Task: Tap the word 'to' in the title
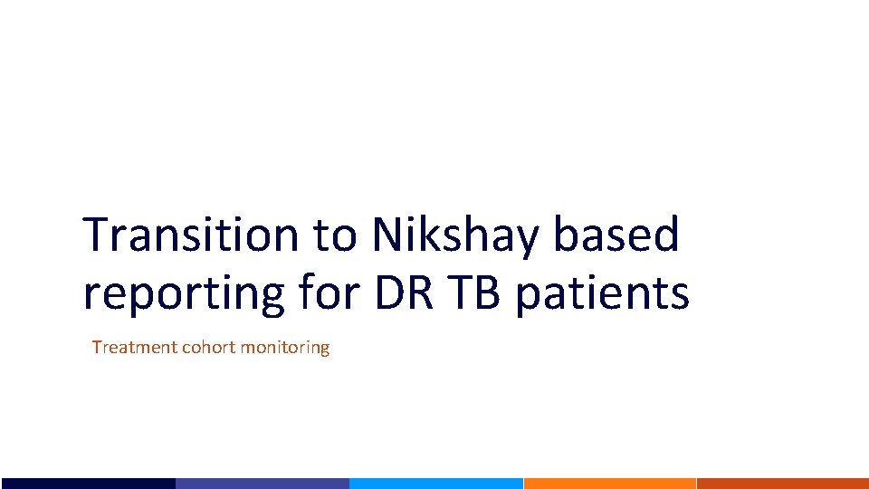click(337, 237)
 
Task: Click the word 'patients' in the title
click(602, 294)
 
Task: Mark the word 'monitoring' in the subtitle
click(285, 348)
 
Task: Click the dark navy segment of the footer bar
click(87, 484)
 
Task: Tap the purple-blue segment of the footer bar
click(262, 484)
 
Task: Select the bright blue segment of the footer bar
click(435, 484)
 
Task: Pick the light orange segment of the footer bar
click(609, 484)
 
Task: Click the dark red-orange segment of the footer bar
click(783, 484)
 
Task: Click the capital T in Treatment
click(97, 347)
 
